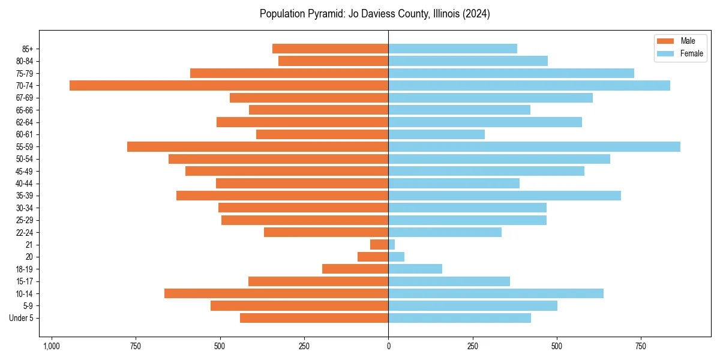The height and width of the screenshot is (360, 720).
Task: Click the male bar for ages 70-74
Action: coord(229,85)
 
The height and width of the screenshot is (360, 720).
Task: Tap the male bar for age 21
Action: coord(379,245)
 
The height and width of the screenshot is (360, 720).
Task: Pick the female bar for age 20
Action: coord(396,257)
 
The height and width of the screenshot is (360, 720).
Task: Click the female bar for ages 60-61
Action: coord(436,134)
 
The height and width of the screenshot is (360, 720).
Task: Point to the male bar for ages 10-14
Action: coord(276,293)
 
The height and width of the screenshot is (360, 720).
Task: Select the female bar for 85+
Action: coord(452,49)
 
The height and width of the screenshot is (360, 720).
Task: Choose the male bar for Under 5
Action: coord(314,318)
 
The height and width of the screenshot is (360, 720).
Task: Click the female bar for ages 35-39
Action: coord(505,196)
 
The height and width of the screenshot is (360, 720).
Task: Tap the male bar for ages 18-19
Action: coord(355,269)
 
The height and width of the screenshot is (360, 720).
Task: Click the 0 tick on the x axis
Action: coord(388,346)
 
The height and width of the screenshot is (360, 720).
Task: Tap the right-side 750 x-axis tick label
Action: coord(641,346)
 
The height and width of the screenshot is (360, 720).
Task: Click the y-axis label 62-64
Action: coord(24,122)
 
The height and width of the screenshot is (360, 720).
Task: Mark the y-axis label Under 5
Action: coord(21,318)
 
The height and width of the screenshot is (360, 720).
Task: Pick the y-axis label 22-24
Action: coord(24,233)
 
